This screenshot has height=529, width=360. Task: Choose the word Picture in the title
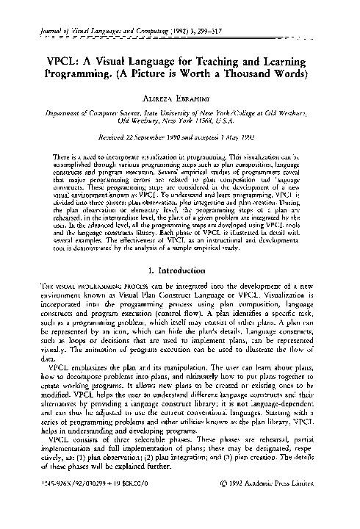coord(160,75)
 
